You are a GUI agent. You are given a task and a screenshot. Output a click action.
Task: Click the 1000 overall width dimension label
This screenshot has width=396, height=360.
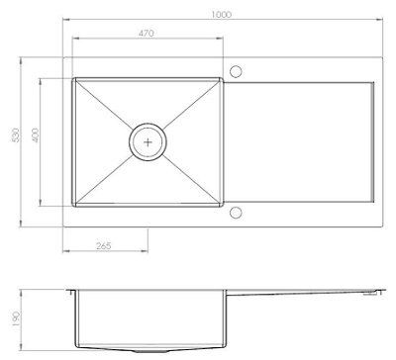point(222,15)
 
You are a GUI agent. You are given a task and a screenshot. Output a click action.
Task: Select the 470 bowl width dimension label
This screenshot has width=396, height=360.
point(147,33)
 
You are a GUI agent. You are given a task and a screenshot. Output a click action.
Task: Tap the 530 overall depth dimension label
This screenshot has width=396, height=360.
point(16,135)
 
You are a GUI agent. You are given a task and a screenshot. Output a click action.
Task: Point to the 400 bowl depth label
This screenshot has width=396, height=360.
point(35,135)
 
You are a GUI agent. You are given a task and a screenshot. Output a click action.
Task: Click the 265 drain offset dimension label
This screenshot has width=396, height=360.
point(104,246)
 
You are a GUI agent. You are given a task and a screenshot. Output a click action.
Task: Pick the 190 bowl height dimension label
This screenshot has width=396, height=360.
point(16,317)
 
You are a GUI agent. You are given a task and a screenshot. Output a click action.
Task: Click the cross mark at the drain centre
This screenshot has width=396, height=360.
point(148,142)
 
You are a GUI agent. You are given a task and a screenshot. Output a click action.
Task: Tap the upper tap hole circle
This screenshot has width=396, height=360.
point(236,71)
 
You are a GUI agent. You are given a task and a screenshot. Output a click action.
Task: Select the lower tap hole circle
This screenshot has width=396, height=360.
point(236,213)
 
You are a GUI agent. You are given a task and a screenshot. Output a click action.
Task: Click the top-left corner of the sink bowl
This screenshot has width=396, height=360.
point(72,78)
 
